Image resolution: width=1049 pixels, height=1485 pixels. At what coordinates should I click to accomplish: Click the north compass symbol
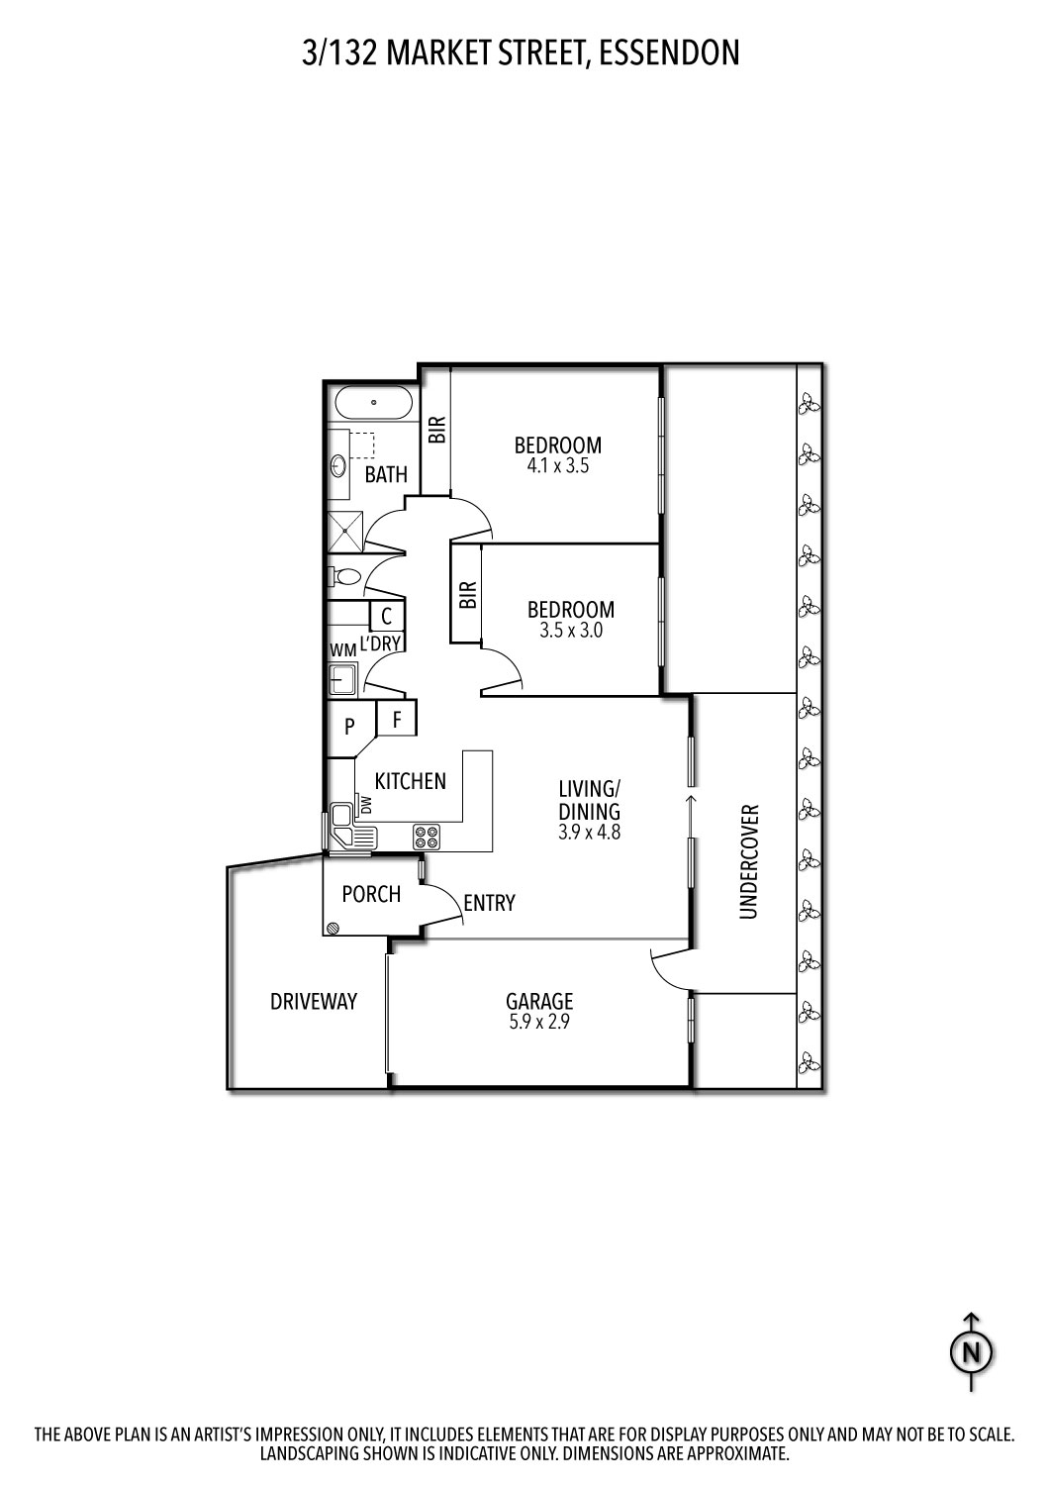point(972,1351)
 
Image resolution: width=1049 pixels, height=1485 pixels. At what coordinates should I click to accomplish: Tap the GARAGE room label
point(539,1001)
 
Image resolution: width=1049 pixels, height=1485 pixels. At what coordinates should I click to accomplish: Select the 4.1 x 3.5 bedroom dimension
point(557,466)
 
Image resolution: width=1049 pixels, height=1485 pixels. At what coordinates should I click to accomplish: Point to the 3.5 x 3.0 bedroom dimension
point(571,630)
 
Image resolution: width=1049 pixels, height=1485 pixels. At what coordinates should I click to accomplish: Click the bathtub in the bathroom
point(373,403)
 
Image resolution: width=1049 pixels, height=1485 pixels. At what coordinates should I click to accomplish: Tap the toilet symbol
point(344,576)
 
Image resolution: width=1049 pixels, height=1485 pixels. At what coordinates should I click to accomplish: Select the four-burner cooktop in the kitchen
point(428,838)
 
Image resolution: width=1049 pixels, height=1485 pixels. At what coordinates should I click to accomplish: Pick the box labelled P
point(349,727)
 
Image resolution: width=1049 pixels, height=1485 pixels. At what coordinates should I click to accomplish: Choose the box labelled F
point(397,719)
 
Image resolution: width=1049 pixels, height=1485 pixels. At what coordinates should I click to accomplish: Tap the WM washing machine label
point(342,649)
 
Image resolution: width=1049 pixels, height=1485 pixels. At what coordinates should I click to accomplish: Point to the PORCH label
point(371,894)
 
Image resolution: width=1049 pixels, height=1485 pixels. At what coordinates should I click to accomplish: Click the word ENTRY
point(489,903)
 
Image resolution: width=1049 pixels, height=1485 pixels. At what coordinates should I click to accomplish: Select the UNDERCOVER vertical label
point(748,861)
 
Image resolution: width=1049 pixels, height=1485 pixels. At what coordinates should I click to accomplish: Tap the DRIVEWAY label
point(314,1002)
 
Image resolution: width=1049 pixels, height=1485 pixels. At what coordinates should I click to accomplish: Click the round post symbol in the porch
point(334,928)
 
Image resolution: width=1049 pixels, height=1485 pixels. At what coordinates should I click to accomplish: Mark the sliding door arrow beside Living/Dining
point(690,802)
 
